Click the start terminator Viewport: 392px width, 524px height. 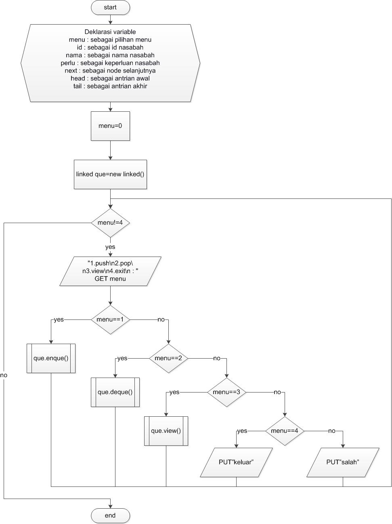110,8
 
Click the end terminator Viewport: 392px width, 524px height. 110,516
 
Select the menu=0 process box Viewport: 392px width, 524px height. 110,126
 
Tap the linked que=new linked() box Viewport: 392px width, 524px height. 110,174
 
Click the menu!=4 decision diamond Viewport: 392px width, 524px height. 110,223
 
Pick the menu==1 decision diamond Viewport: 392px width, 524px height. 110,319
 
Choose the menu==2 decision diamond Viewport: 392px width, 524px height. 168,358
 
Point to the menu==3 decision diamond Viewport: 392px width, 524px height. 226,392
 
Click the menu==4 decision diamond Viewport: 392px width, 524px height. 285,431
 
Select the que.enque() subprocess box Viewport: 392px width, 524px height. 51,358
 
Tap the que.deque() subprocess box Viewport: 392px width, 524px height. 115,392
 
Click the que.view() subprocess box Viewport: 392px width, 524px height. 166,431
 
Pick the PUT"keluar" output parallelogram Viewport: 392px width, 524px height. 236,462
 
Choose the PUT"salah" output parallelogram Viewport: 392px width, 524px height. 343,462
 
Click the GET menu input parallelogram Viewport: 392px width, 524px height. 110,271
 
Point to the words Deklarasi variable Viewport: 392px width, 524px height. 110,32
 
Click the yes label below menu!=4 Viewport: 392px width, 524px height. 110,247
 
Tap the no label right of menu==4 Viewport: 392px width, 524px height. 331,431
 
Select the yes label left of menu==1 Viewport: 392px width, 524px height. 59,319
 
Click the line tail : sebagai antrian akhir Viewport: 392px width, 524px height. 110,86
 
